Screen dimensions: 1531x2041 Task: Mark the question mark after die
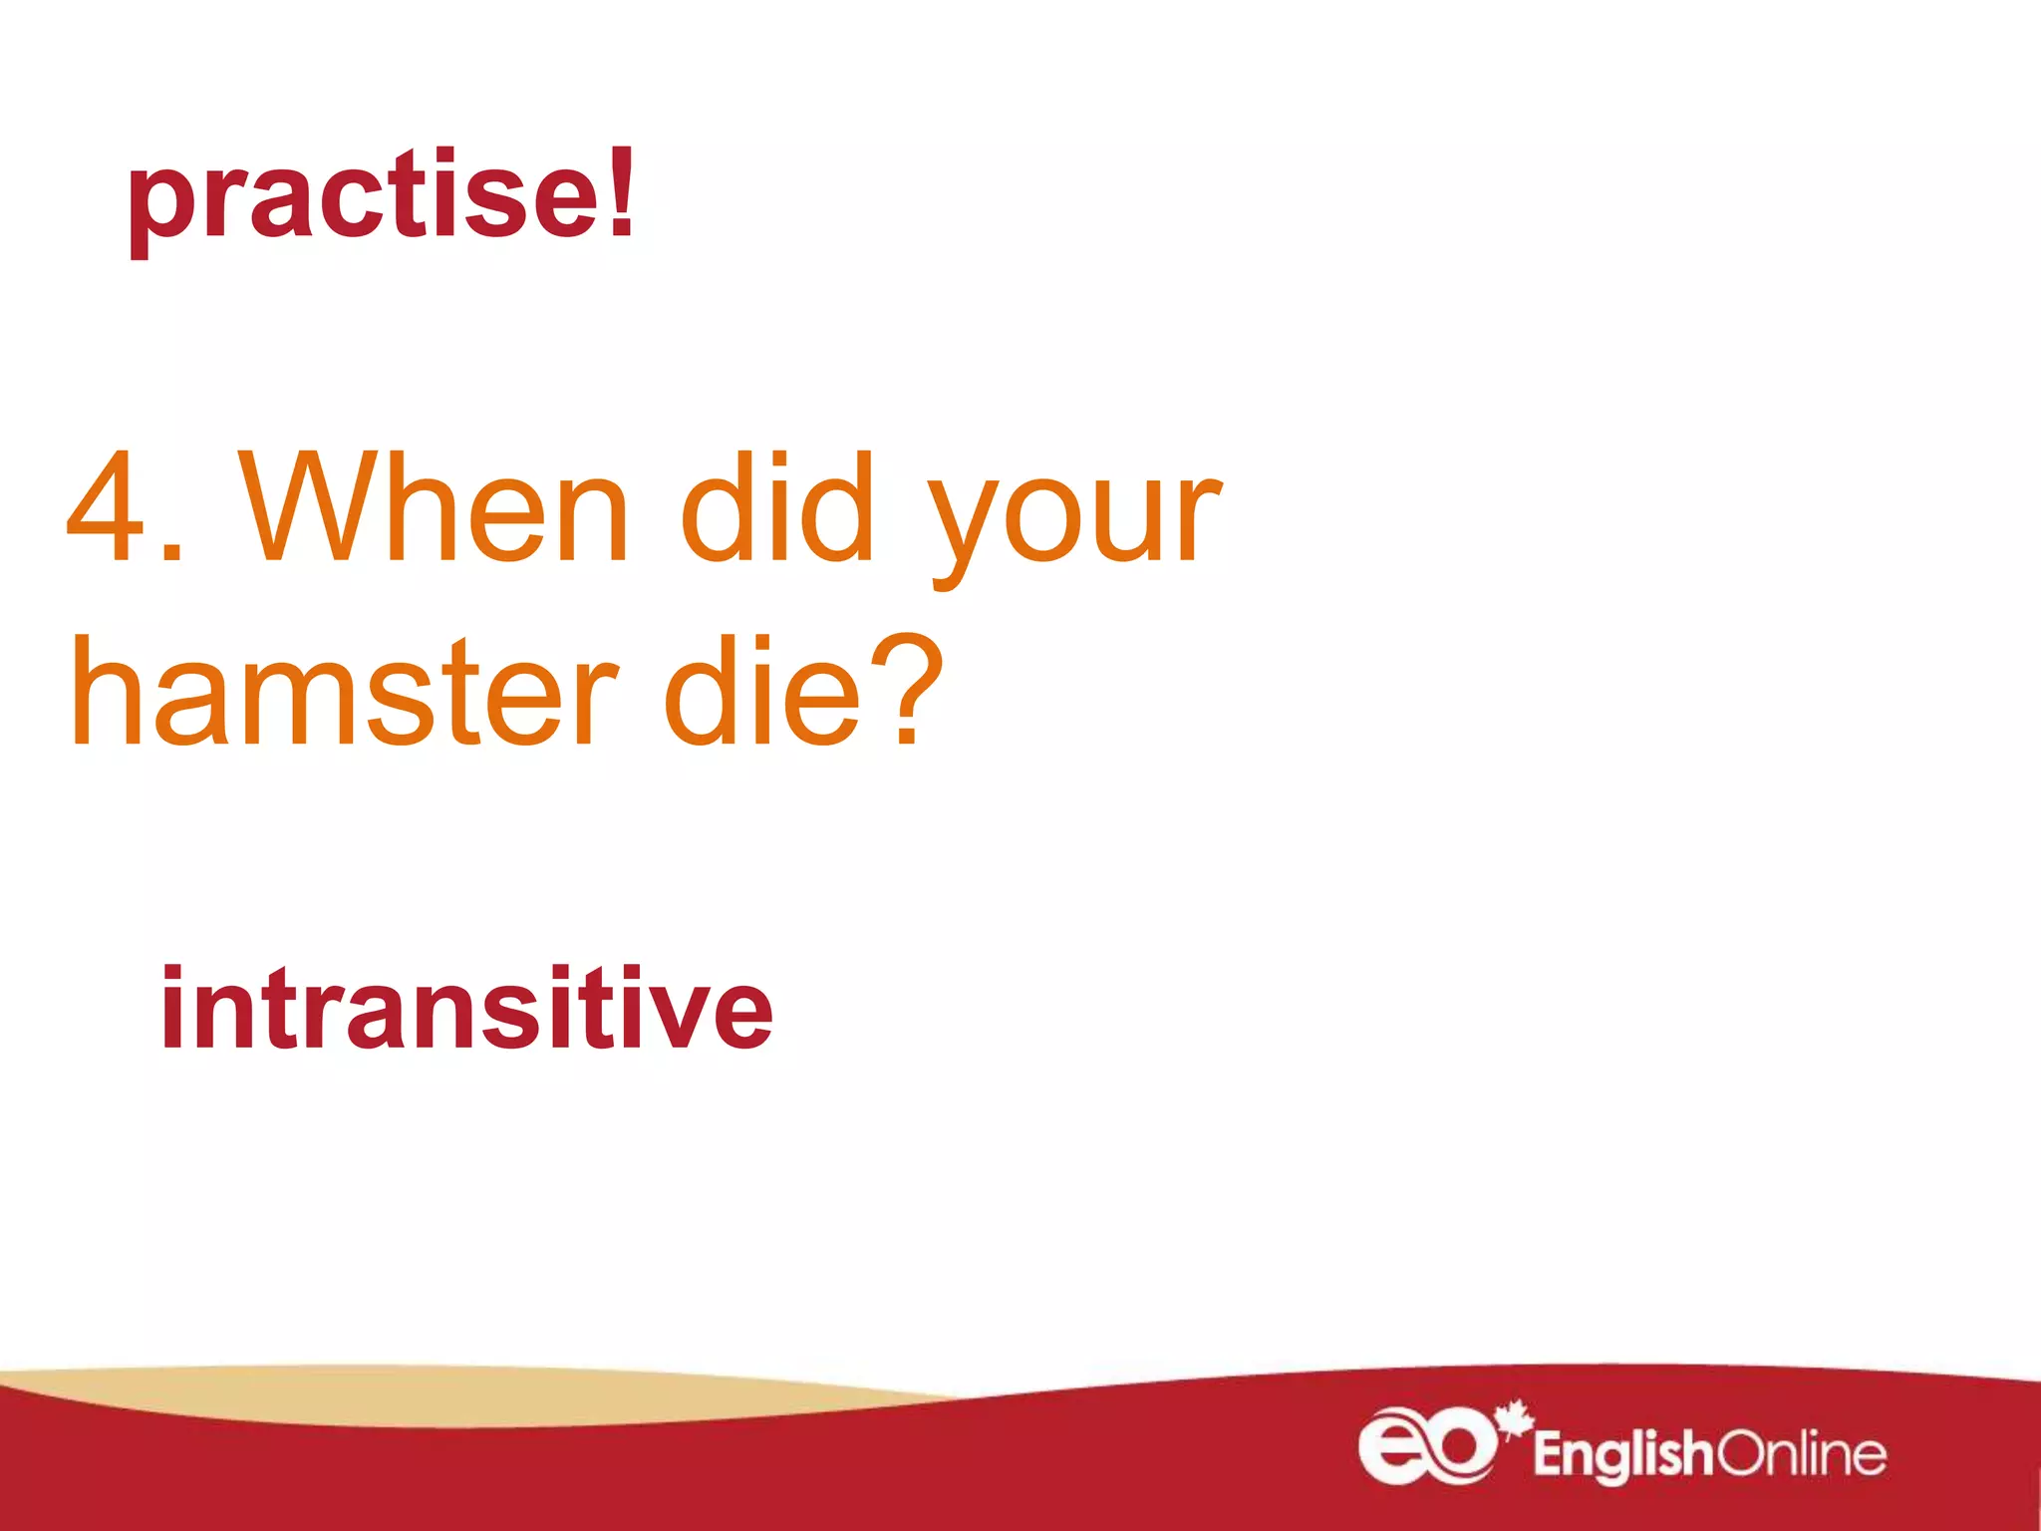click(906, 688)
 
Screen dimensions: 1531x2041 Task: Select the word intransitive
click(465, 1009)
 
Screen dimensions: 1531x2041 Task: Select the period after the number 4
click(171, 553)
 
